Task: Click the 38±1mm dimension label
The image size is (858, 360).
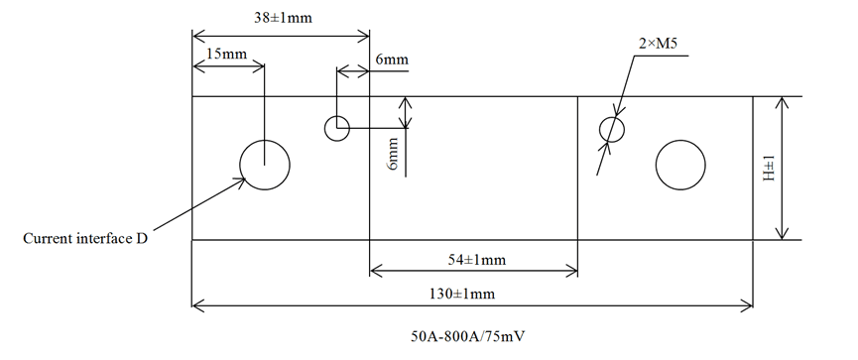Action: click(x=277, y=17)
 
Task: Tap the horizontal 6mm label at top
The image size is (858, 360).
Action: click(x=391, y=60)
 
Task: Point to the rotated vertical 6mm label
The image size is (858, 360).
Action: click(x=394, y=154)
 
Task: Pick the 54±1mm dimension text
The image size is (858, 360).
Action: click(x=472, y=260)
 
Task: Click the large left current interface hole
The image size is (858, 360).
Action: click(x=266, y=164)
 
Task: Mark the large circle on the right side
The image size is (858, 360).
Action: click(x=680, y=164)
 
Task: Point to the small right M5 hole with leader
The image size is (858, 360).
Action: click(x=613, y=129)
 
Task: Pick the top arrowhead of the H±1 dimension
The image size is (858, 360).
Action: click(x=784, y=102)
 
